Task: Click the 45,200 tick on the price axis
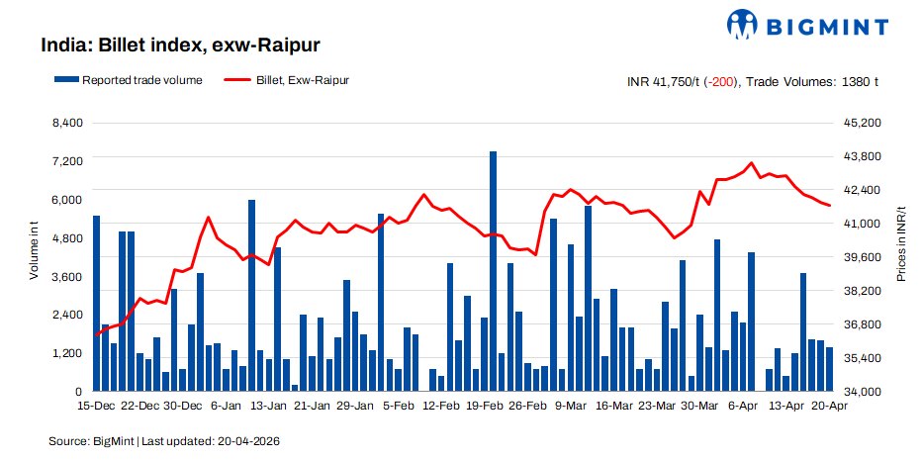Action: tap(855, 123)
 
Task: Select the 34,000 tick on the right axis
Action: tap(855, 392)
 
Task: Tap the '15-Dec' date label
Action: tap(96, 406)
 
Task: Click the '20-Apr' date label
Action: tap(829, 406)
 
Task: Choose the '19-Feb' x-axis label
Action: tap(486, 406)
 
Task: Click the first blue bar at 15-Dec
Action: tap(97, 303)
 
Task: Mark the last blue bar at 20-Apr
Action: tap(829, 369)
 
